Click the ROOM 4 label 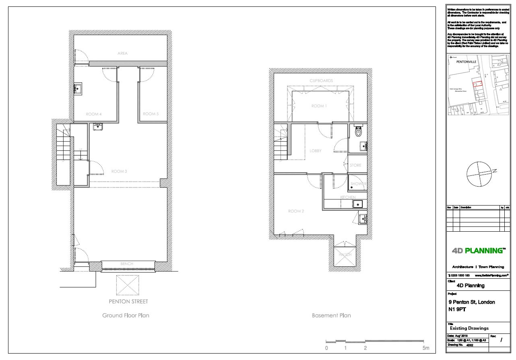coord(93,114)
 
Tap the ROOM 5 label coord(151,114)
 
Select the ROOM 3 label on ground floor coord(119,171)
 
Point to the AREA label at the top coord(122,53)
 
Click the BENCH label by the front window coord(127,264)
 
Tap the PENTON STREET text coord(128,301)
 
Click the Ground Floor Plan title coord(126,315)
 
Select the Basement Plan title coord(331,315)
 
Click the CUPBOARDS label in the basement coord(321,81)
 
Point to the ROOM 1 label coord(319,106)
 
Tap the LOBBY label coord(315,151)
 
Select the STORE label coord(355,165)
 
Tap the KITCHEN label coord(348,197)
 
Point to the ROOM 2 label coord(296,211)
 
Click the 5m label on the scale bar coord(426,348)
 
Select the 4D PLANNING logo coord(478,251)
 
